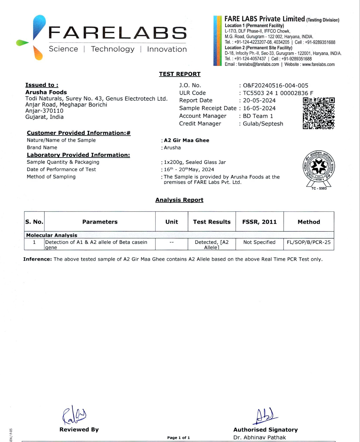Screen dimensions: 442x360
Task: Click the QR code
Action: (x=318, y=113)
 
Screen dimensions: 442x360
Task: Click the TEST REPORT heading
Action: (x=180, y=74)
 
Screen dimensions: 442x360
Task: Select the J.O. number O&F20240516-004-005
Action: (x=275, y=86)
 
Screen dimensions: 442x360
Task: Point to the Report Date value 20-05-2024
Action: (x=259, y=100)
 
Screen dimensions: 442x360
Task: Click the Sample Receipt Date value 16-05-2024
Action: (x=259, y=108)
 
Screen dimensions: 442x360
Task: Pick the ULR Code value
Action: (x=278, y=93)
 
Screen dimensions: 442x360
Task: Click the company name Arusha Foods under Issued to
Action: (x=46, y=92)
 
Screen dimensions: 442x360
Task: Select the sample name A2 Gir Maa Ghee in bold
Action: (x=187, y=140)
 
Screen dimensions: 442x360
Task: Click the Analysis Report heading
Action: (x=179, y=200)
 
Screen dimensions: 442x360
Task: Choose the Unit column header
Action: (x=172, y=222)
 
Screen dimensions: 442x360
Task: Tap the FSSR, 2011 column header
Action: (x=260, y=222)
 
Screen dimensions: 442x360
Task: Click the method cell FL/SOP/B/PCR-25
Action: (x=308, y=242)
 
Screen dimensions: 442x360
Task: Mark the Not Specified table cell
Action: (x=259, y=242)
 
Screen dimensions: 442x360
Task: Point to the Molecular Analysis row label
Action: (x=52, y=235)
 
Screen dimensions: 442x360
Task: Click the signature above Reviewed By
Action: (x=74, y=415)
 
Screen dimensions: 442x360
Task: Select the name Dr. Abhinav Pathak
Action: (x=260, y=437)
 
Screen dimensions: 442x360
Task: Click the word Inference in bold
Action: (x=37, y=259)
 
